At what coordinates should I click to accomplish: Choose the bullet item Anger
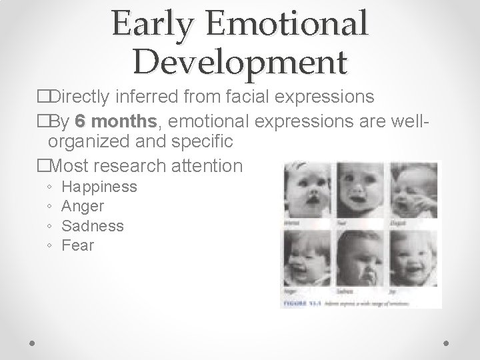pyautogui.click(x=83, y=206)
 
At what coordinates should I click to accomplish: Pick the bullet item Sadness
pyautogui.click(x=92, y=226)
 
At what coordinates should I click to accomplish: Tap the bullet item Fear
pyautogui.click(x=77, y=245)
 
